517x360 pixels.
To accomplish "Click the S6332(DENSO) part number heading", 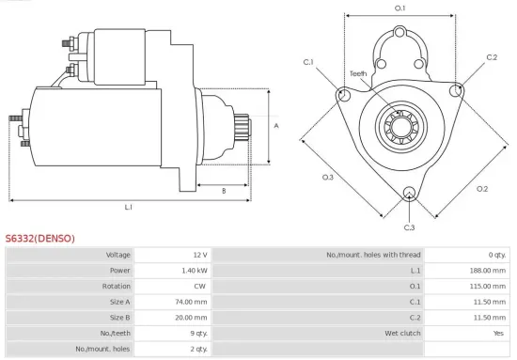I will point(39,238).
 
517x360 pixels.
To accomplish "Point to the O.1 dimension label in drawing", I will point(399,8).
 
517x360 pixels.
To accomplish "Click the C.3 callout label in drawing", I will point(409,227).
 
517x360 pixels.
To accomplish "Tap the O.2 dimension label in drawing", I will point(482,189).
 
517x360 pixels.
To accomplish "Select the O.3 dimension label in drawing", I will point(328,178).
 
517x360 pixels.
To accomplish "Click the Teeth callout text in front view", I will point(358,73).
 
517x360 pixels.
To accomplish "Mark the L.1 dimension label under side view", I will point(128,207).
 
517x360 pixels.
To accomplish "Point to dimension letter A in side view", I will point(275,125).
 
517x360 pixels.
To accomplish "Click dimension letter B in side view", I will point(223,191).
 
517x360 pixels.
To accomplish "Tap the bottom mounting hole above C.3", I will point(409,195).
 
